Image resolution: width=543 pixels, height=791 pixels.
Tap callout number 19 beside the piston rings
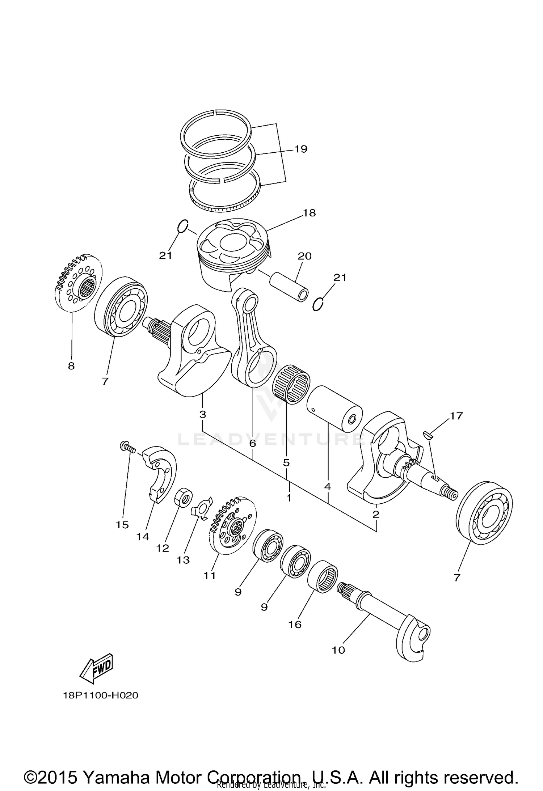(x=300, y=149)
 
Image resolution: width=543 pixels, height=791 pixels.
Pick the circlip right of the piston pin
(x=318, y=304)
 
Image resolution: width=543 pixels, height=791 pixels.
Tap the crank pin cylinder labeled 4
(x=334, y=409)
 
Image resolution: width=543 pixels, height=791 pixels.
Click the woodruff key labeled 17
(x=428, y=434)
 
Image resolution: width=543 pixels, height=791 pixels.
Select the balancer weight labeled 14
(x=160, y=474)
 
